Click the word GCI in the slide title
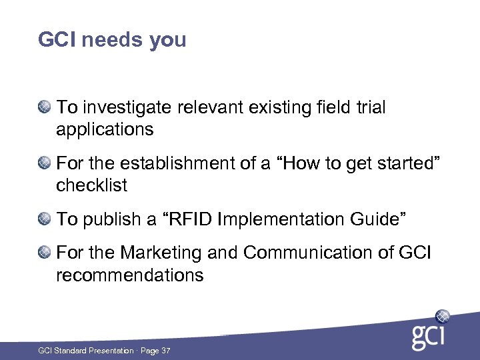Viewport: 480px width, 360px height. tap(57, 40)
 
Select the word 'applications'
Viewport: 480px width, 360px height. tap(105, 130)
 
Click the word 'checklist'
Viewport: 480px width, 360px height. tap(91, 185)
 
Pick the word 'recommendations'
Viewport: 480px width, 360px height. tap(129, 275)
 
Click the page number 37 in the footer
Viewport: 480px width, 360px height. tap(165, 351)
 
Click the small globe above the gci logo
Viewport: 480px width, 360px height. tap(442, 316)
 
